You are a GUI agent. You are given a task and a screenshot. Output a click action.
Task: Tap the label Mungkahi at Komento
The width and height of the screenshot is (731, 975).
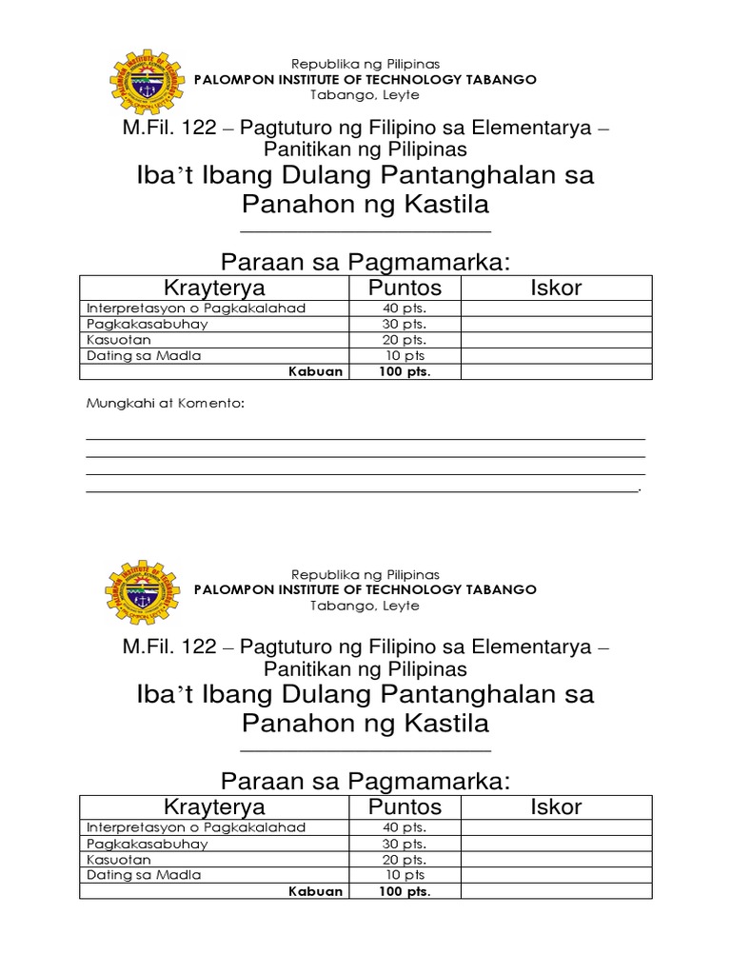click(166, 404)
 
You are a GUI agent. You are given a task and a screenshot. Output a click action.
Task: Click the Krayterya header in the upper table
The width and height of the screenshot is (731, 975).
click(214, 288)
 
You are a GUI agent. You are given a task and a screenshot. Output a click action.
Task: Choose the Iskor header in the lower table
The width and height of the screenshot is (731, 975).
click(556, 807)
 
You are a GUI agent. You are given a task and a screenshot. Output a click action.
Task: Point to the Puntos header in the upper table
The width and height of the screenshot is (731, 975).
click(405, 288)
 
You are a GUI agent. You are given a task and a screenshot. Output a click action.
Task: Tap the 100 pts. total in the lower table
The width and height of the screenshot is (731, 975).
click(405, 892)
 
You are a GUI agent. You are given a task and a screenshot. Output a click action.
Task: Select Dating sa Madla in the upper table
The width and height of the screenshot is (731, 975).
click(144, 355)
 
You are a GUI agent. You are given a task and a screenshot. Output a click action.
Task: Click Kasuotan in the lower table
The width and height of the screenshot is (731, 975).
click(118, 859)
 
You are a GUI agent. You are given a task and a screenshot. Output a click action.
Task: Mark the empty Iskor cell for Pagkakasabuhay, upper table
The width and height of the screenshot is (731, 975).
click(556, 324)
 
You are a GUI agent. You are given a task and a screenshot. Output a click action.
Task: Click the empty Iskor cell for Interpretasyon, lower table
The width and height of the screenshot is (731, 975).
click(556, 827)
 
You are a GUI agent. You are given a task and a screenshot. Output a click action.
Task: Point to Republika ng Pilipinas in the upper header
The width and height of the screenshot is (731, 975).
click(365, 64)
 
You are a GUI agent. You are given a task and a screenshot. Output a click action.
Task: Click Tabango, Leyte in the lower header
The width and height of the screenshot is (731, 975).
click(365, 606)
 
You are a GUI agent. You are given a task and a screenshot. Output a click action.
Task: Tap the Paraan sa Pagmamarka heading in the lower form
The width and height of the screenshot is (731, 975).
click(365, 782)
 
